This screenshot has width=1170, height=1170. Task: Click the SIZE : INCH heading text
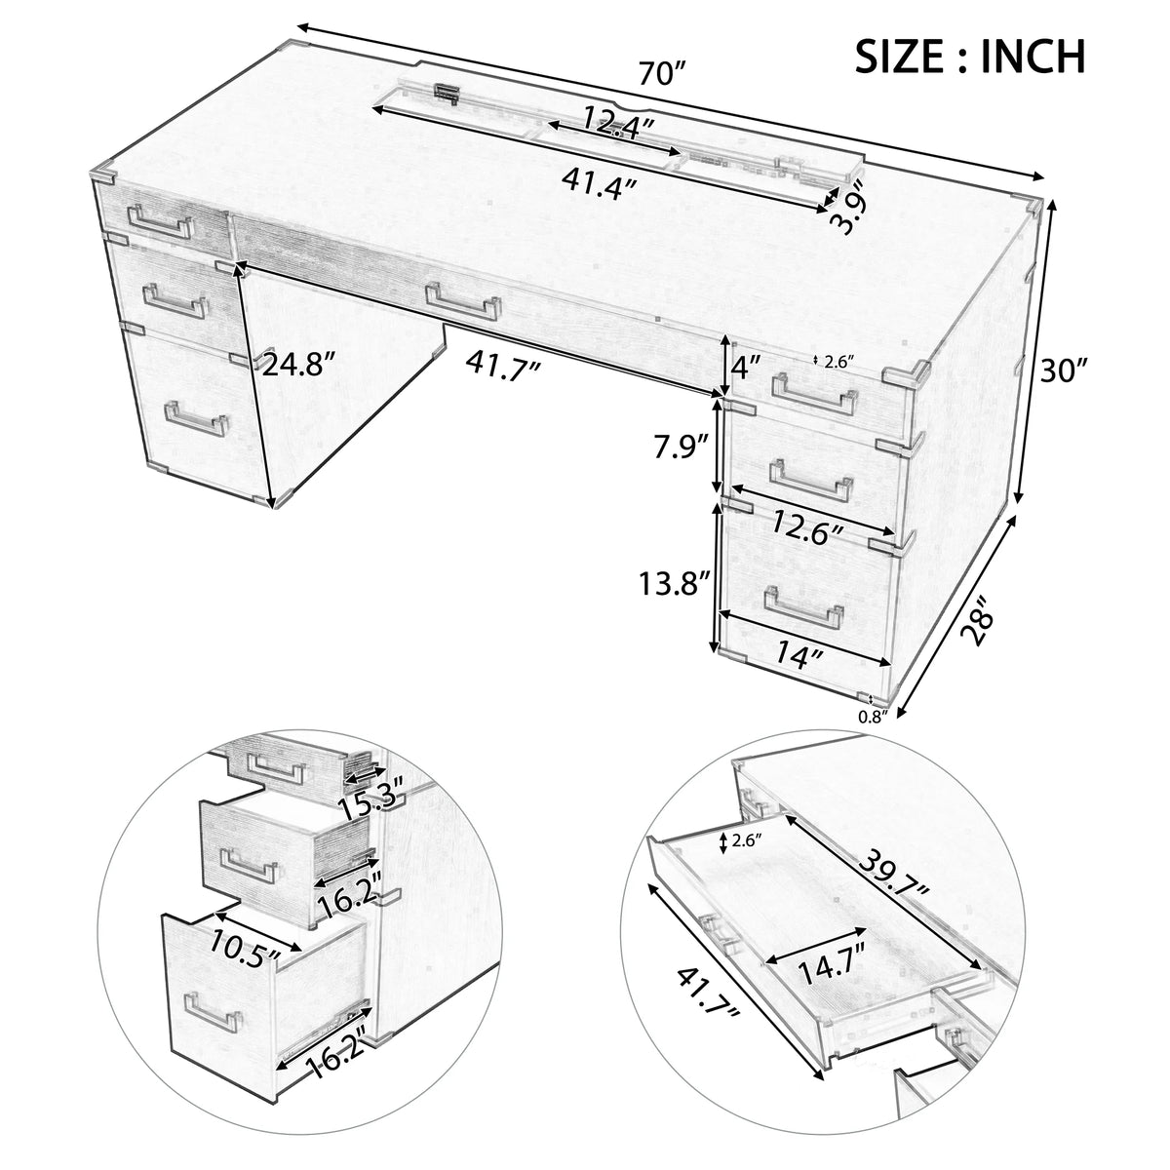(969, 57)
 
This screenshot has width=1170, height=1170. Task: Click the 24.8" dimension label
(298, 367)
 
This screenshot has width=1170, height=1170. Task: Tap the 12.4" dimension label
(618, 123)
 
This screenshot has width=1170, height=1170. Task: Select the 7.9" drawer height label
(682, 448)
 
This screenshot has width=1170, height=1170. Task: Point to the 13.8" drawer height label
(674, 583)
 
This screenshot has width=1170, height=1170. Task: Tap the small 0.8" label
(873, 717)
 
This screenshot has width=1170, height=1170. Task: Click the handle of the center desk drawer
(464, 301)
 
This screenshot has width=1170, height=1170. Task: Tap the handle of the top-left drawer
(160, 221)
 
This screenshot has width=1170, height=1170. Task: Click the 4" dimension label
(746, 368)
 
